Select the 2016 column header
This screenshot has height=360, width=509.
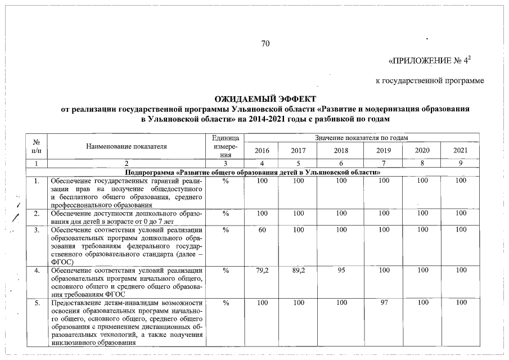point(262,150)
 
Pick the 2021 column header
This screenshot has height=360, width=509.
point(461,150)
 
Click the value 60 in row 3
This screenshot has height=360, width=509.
point(262,229)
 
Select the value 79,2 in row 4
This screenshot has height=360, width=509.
point(262,270)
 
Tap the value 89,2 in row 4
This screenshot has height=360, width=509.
point(299,270)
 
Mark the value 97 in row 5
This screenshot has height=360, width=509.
point(384,303)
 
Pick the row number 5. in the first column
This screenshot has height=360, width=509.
point(37,303)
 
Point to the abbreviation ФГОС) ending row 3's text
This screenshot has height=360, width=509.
point(61,262)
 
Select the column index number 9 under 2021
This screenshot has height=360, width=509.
point(461,163)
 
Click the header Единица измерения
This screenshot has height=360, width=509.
point(226,146)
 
